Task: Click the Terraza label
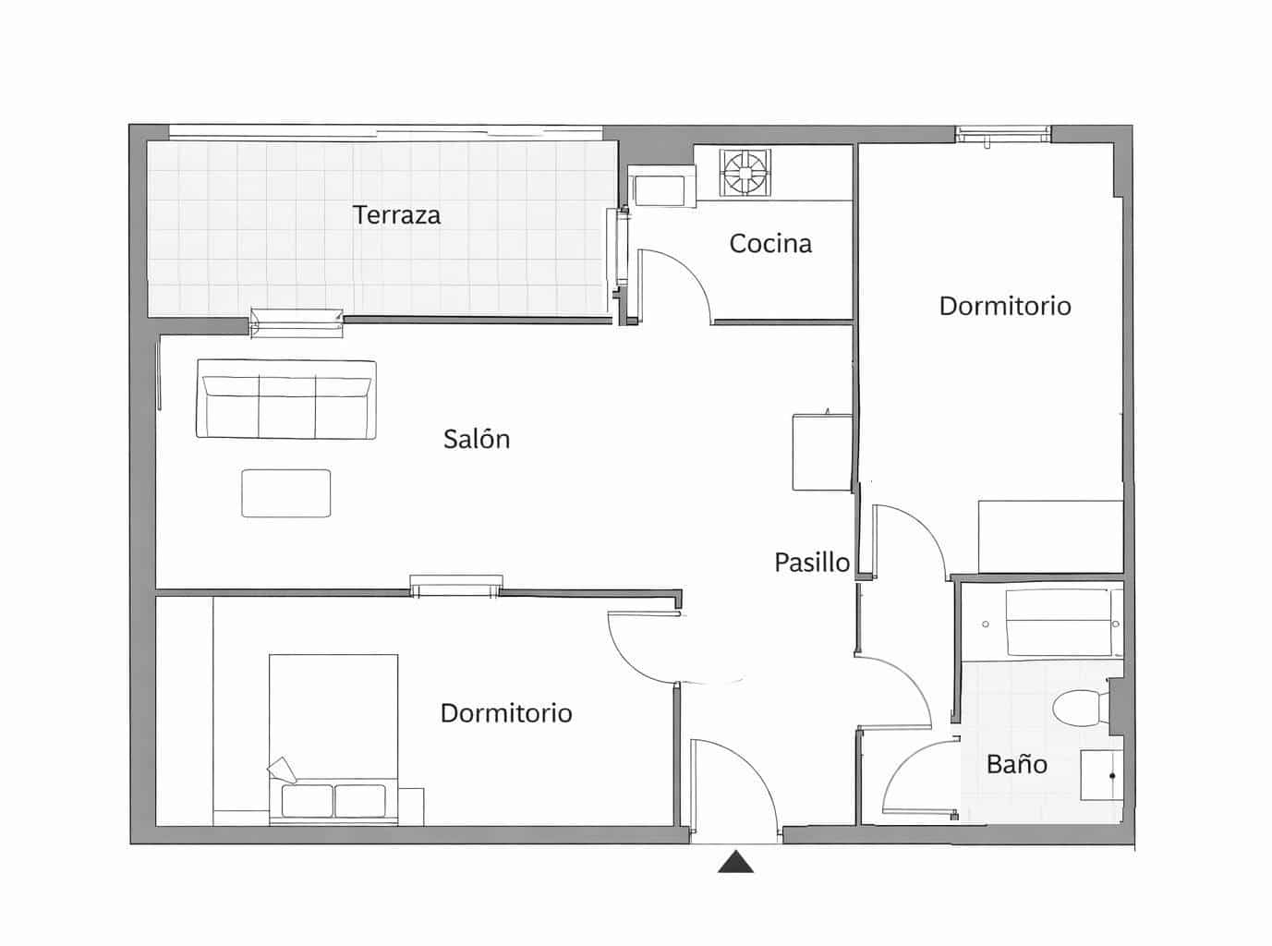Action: [396, 215]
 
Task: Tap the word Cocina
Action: [770, 244]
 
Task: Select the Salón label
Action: [477, 439]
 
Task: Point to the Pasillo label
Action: [812, 562]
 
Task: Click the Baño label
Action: [1016, 764]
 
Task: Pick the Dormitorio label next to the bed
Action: [506, 713]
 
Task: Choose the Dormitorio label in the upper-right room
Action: [1005, 306]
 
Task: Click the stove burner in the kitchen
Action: [745, 173]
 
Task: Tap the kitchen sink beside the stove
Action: [660, 189]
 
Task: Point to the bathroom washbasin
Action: [1101, 775]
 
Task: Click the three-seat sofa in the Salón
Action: [286, 400]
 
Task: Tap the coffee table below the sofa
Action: [286, 493]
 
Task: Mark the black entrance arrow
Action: [736, 863]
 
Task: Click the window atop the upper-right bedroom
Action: [1003, 135]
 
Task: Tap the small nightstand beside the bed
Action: [411, 806]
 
